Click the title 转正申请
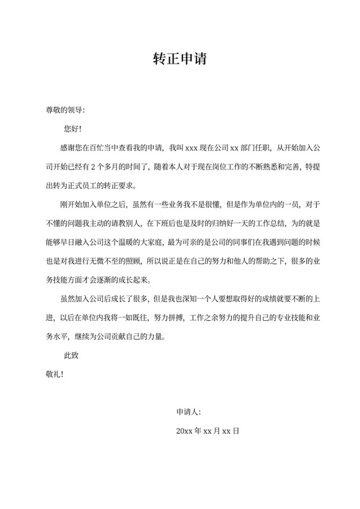pos(179,60)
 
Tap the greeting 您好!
pos(73,129)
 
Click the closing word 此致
pos(71,355)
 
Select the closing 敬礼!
pos(53,373)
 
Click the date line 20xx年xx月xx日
pos(208,431)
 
